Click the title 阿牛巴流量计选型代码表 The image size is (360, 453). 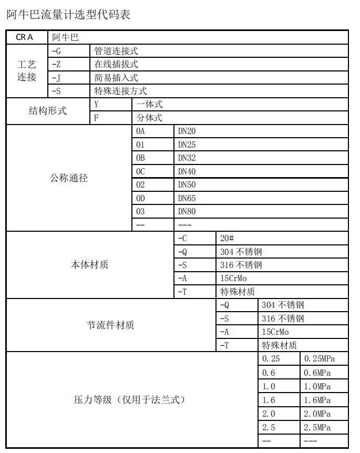(x=68, y=15)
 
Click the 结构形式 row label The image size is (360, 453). (x=48, y=111)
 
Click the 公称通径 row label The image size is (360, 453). (x=69, y=178)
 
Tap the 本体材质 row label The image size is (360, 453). (x=90, y=265)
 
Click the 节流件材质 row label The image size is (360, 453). (x=110, y=325)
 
